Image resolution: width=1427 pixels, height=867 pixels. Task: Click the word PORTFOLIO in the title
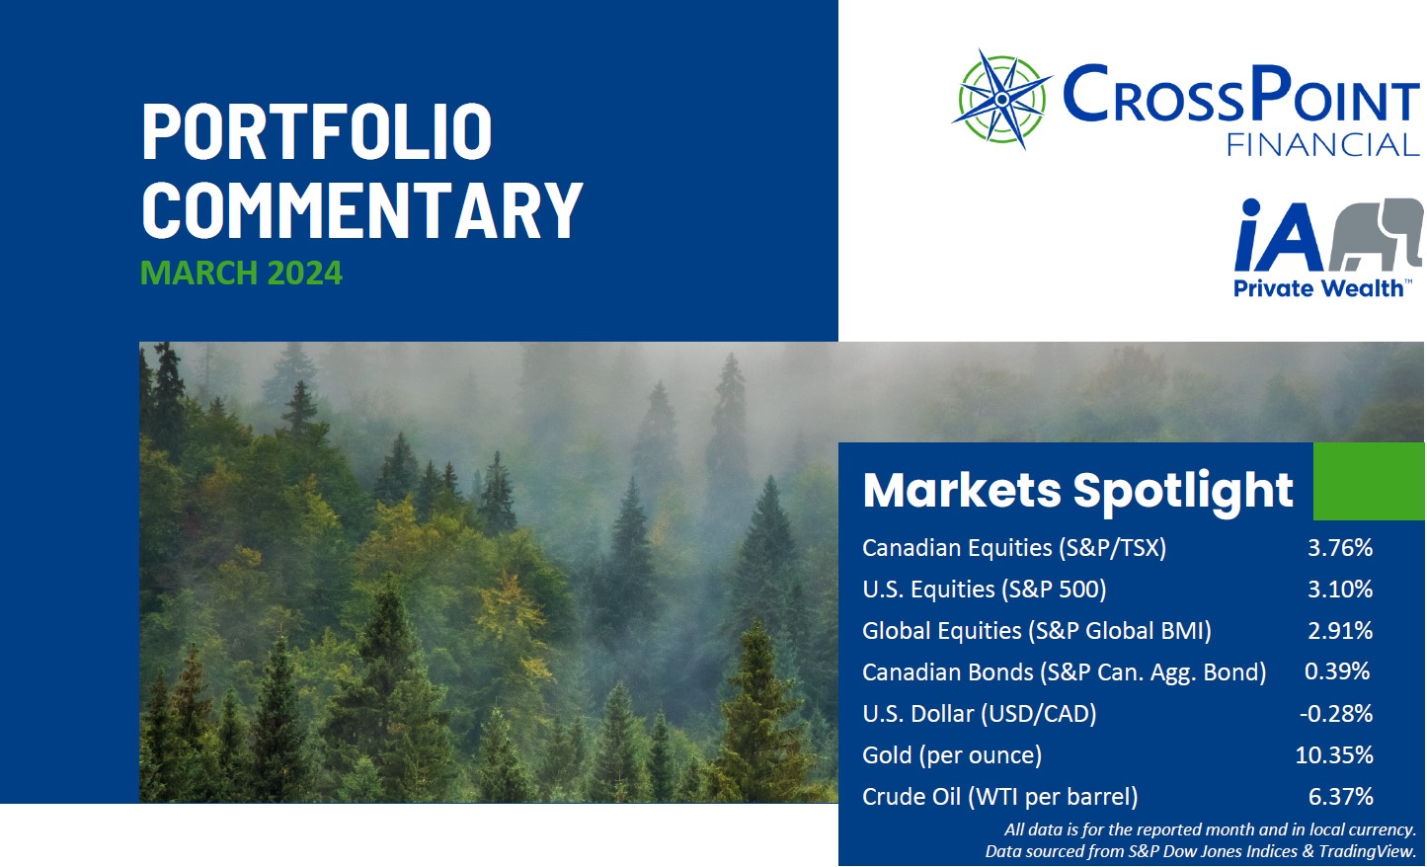[317, 131]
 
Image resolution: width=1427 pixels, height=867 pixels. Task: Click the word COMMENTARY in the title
[362, 209]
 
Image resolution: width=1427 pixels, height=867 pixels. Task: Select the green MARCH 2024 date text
[241, 273]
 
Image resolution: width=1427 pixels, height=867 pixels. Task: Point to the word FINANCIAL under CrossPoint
[1322, 145]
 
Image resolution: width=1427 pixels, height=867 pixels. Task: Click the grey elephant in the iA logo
[1375, 233]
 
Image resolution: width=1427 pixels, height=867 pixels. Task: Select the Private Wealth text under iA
[1318, 288]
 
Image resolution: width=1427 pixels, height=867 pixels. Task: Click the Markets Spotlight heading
[1077, 490]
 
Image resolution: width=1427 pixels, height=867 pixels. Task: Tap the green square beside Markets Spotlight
[1368, 481]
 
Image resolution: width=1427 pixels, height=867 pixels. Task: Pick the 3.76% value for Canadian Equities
[1340, 547]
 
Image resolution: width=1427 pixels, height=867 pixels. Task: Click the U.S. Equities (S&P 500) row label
[984, 590]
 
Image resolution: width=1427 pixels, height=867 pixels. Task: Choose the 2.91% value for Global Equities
[1340, 630]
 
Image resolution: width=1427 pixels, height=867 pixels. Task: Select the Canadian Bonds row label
[1064, 672]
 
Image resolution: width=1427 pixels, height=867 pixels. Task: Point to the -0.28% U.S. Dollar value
[1336, 713]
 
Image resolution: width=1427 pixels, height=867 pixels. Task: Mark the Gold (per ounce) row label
[952, 755]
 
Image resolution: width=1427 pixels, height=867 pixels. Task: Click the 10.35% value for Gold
[1334, 755]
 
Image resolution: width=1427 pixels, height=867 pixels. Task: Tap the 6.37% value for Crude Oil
[1340, 797]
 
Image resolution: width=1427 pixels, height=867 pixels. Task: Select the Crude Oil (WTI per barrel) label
[999, 797]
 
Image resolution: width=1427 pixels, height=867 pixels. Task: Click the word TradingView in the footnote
[1367, 850]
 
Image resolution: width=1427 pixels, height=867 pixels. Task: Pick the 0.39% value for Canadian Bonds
[1337, 671]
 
